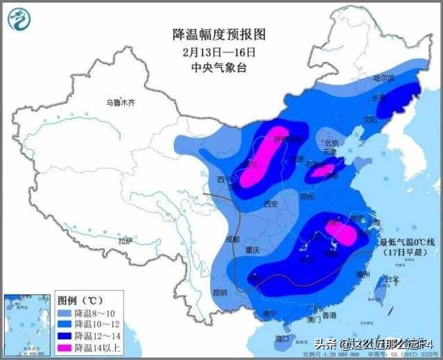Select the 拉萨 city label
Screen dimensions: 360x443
coord(125,241)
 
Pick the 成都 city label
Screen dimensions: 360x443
coord(232,239)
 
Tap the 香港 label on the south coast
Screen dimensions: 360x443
coord(329,315)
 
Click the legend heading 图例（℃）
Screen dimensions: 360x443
coord(80,301)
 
